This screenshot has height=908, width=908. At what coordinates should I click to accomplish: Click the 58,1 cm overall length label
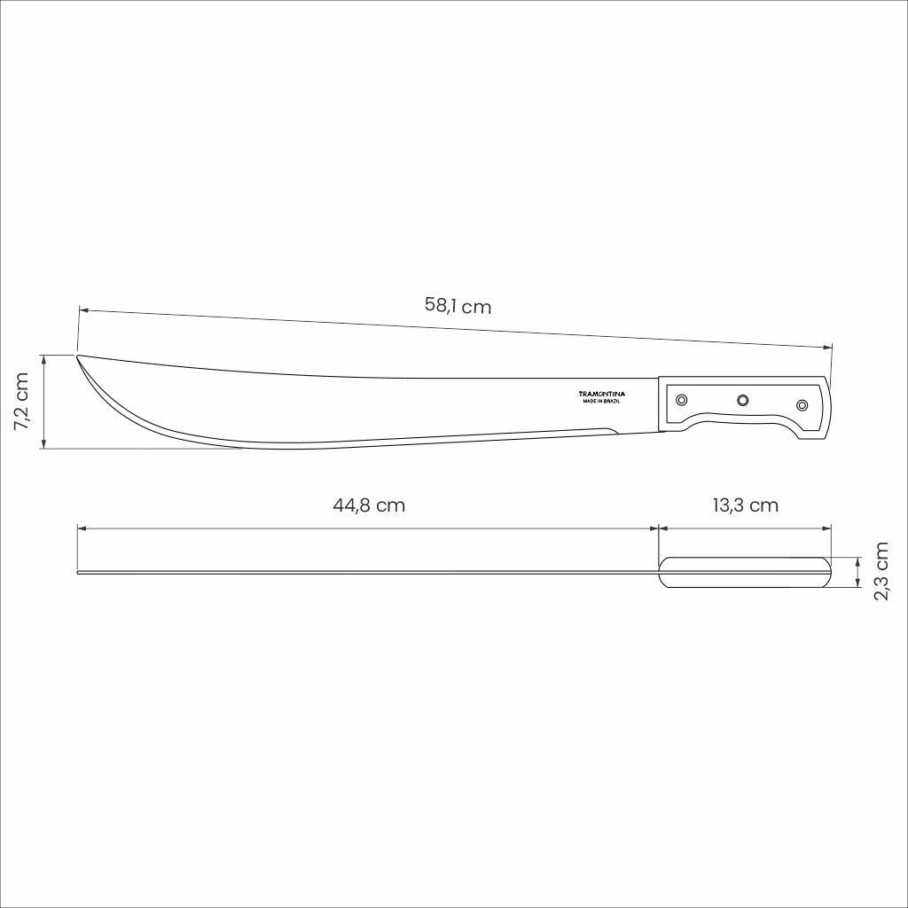tap(458, 305)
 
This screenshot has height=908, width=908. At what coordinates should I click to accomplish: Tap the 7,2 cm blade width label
tap(21, 401)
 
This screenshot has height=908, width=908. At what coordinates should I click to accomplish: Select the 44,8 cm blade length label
tap(369, 505)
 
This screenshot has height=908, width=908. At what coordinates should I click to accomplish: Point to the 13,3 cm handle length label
tap(745, 505)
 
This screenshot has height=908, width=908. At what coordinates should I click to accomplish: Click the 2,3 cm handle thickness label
tap(881, 571)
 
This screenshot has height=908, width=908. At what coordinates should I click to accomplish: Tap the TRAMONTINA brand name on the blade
tap(602, 394)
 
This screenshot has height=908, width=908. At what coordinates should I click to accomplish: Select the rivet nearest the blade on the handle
tap(682, 400)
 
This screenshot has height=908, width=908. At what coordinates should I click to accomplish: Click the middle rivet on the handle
tap(742, 400)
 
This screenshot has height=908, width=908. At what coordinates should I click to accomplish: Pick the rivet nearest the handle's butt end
tap(802, 404)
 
